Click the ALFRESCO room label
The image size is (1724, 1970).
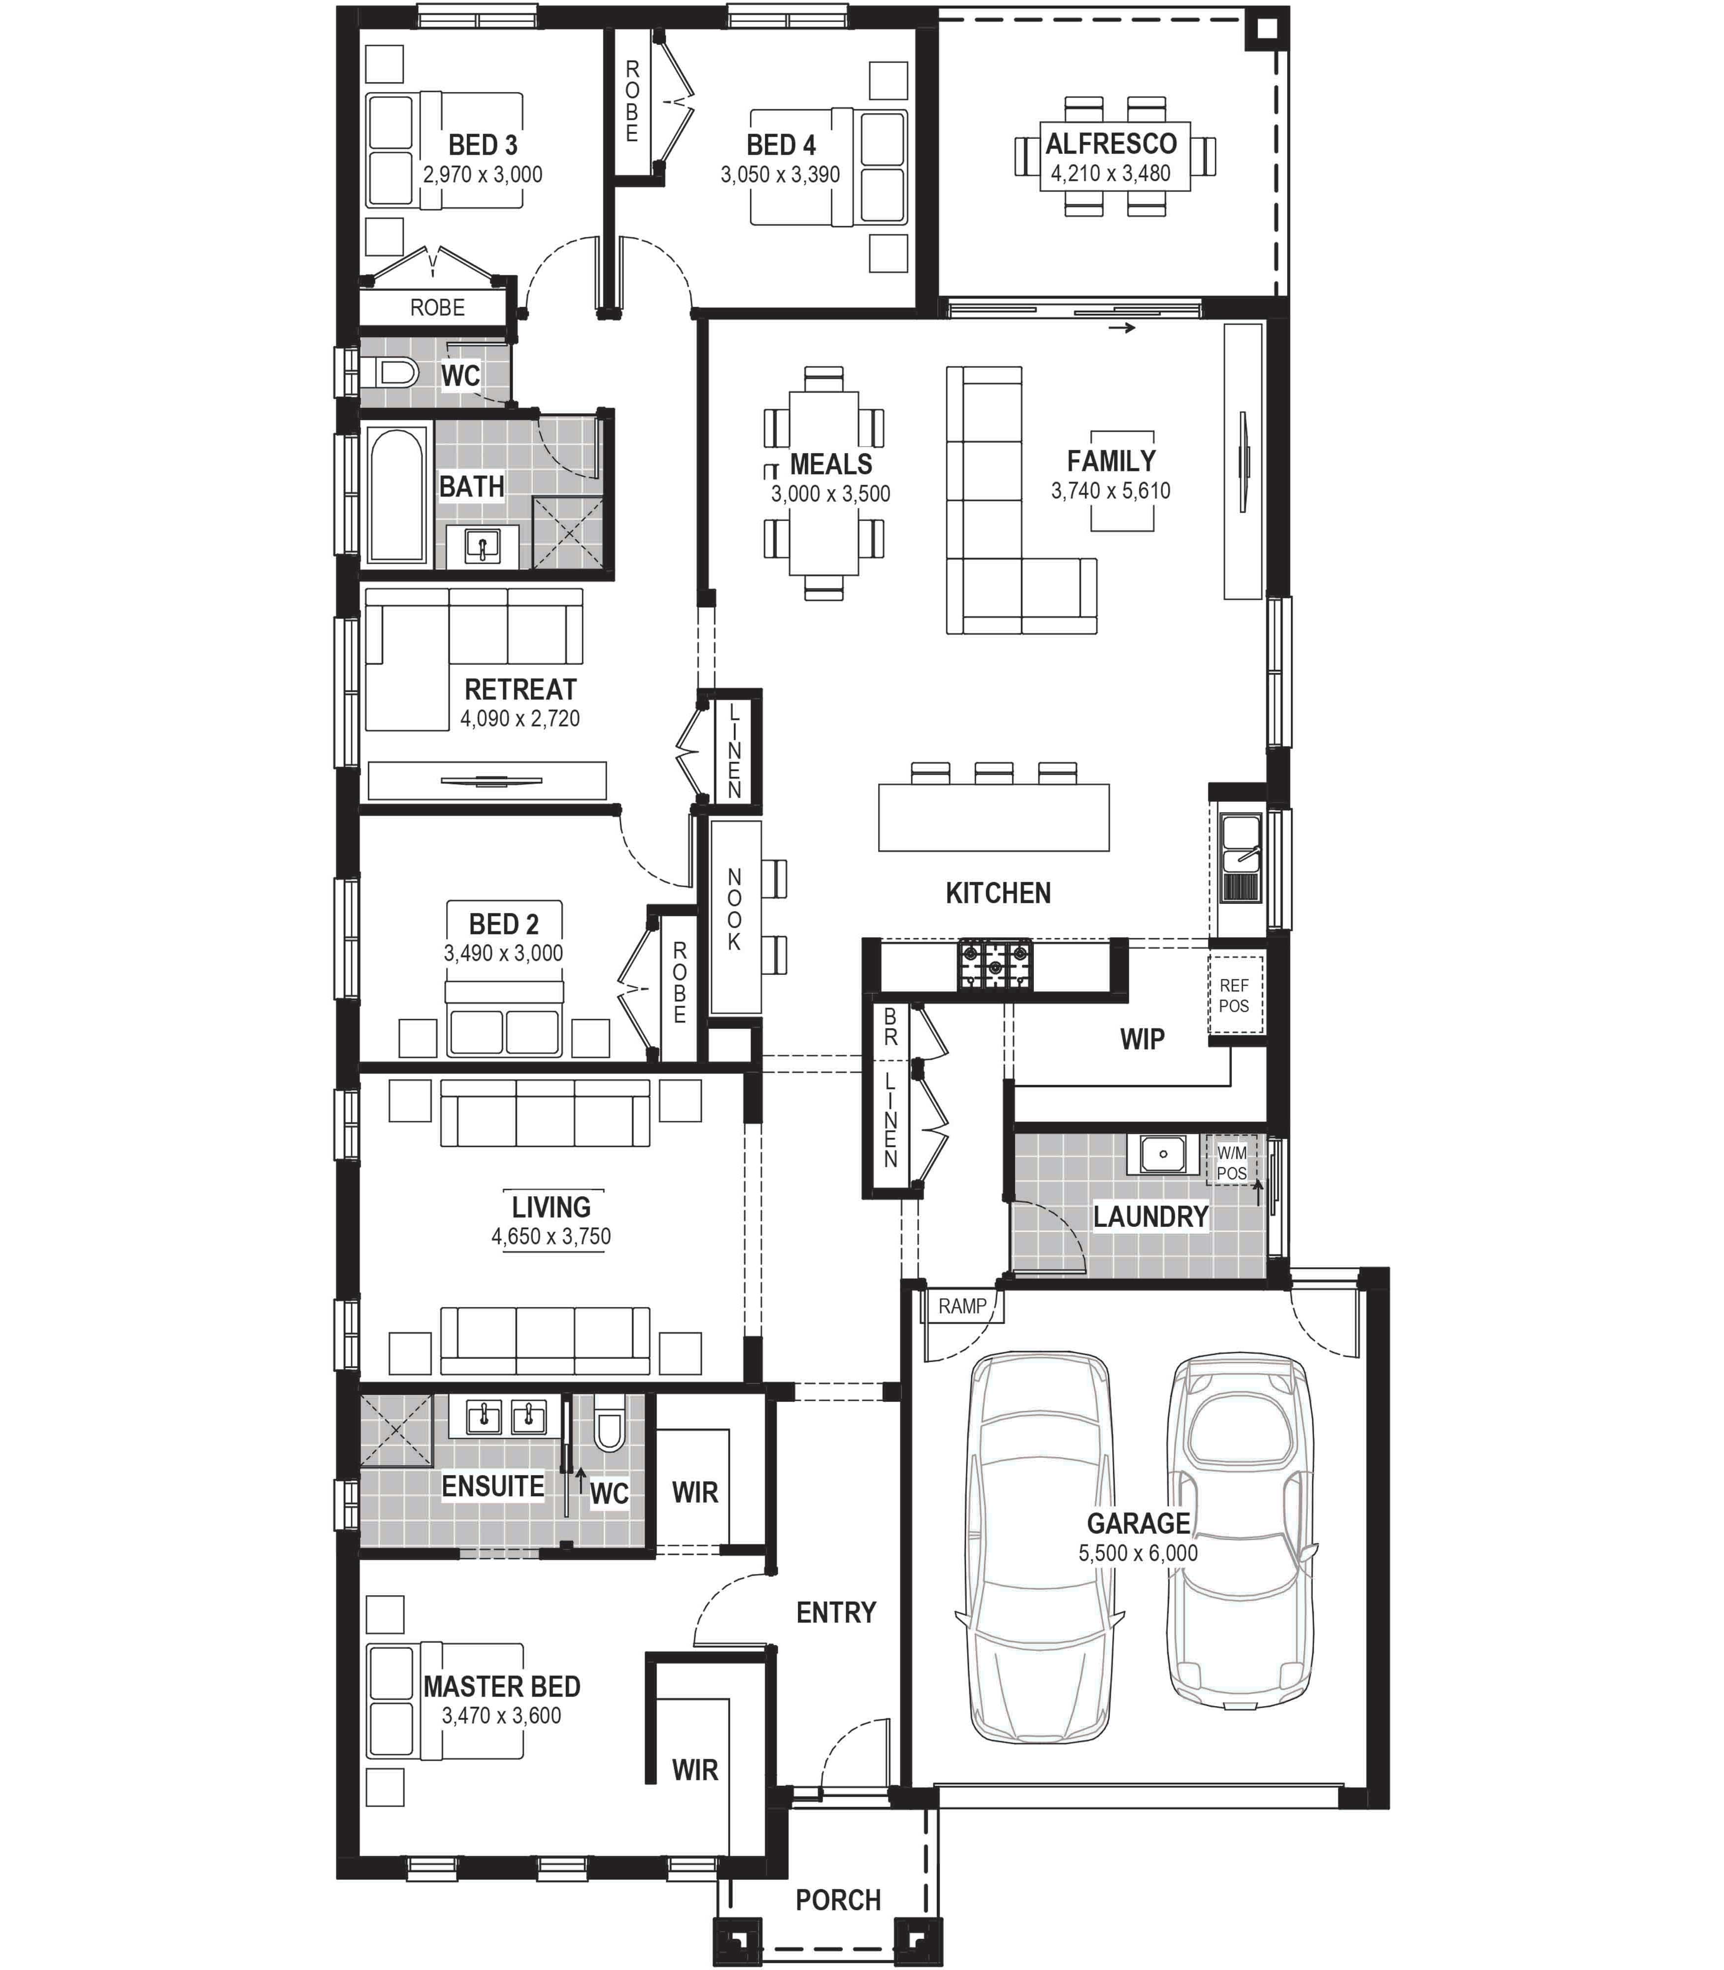[x=1111, y=144]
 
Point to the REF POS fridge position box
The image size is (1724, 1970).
[x=1235, y=995]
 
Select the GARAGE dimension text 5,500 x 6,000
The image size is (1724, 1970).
[x=1138, y=1552]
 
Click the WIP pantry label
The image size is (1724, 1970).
[x=1142, y=1039]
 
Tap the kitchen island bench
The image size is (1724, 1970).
[x=994, y=818]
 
